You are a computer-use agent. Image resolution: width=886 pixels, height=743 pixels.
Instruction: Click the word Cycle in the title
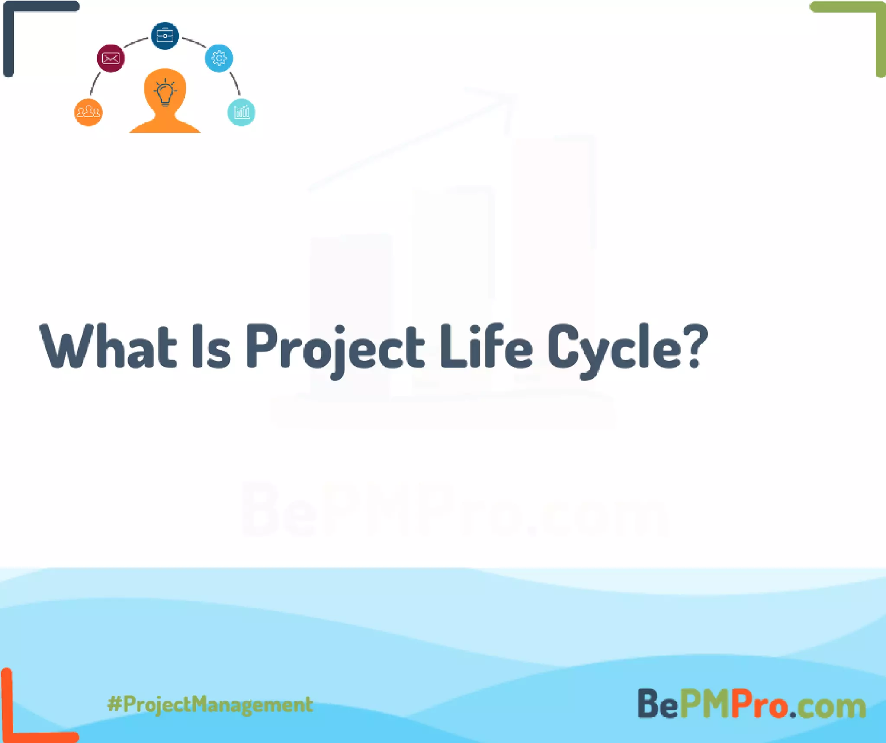pos(614,349)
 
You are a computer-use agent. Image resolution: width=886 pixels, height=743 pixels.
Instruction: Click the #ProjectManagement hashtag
pos(210,704)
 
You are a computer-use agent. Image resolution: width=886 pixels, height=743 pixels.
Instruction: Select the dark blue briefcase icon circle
pos(165,35)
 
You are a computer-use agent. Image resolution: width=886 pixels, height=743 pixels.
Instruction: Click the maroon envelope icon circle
pos(111,58)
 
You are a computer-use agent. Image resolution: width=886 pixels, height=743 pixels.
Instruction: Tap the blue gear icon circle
pos(219,58)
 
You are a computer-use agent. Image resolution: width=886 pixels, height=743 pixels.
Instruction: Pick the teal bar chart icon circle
pos(241,113)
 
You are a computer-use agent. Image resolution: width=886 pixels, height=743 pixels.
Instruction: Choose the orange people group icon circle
pos(88,113)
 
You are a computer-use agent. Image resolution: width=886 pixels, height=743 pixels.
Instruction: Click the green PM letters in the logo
pos(705,704)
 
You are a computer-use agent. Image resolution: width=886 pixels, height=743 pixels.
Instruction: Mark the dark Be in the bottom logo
pos(658,704)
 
